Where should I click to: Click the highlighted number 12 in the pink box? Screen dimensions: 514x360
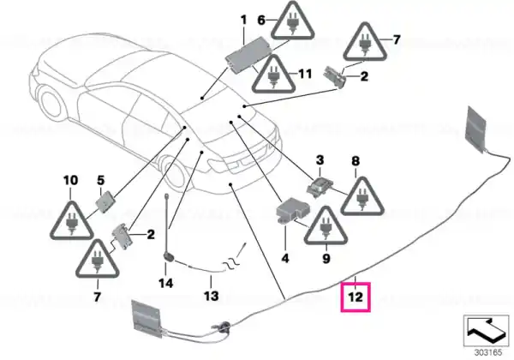pos(356,297)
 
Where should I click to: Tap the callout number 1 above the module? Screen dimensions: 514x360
pos(243,20)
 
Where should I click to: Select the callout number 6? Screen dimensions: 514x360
pos(261,20)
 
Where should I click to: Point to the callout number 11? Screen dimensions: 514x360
pos(305,74)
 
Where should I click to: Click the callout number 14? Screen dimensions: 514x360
pos(166,283)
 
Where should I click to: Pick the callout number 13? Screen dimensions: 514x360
pos(211,296)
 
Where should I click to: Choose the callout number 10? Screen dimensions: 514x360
pos(71,180)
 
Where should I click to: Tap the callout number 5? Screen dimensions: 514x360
pos(100,180)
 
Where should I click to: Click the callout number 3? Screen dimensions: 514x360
pos(320,160)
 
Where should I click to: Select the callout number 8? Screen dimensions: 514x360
pos(356,161)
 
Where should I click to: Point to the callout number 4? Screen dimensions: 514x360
pos(285,258)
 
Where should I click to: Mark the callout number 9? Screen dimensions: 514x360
pos(326,259)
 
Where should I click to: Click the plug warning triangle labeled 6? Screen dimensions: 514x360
pos(292,21)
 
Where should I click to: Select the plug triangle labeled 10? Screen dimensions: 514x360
pos(71,221)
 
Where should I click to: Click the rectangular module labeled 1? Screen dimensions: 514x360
pos(248,52)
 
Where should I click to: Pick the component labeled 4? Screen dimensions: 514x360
pos(293,209)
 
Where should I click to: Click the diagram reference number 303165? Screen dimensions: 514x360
pos(488,353)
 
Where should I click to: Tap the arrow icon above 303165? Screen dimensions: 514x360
pos(486,331)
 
